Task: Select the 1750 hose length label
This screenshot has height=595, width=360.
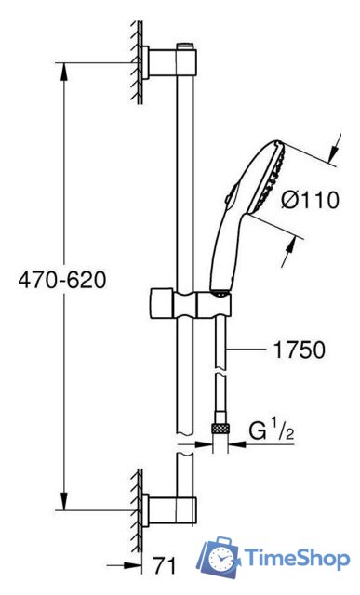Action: [299, 350]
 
